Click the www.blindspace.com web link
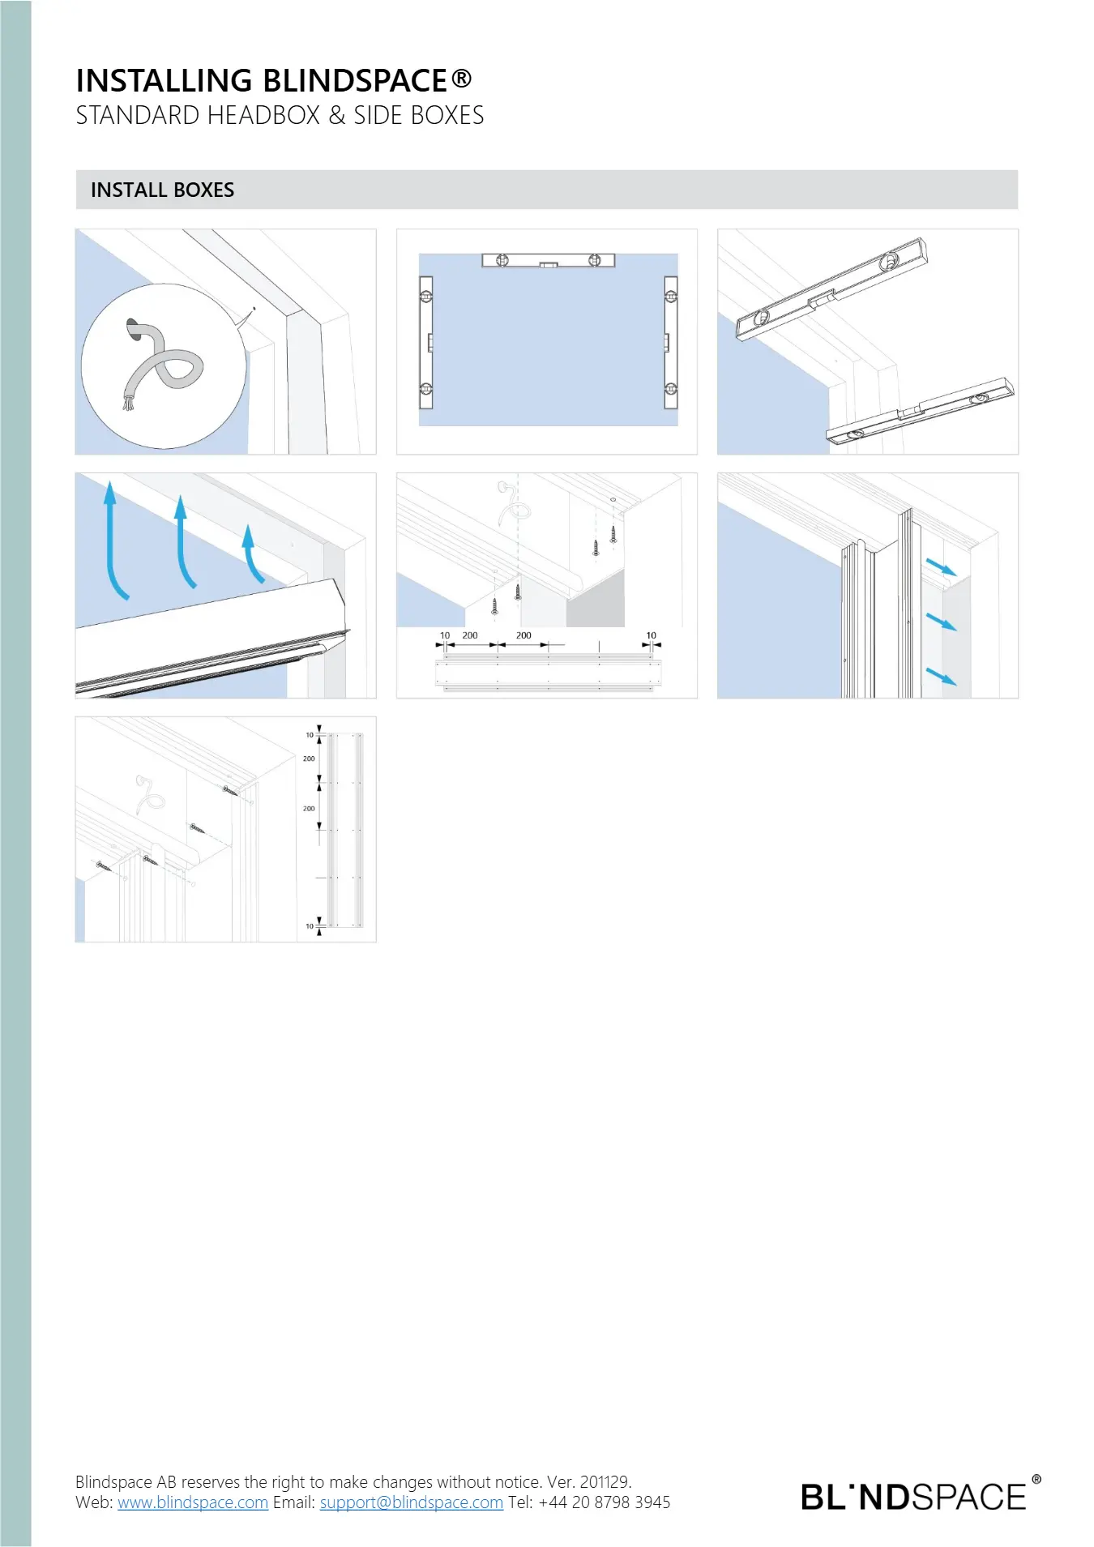[x=193, y=1502]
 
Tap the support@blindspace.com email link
[x=412, y=1502]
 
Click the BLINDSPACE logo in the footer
[x=921, y=1495]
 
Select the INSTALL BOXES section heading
[x=162, y=190]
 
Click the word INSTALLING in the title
[x=165, y=80]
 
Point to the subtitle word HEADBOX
[x=263, y=115]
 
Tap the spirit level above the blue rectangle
[x=549, y=260]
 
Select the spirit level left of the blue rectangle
[x=426, y=342]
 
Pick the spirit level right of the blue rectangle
[x=670, y=342]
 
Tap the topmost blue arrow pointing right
[x=942, y=566]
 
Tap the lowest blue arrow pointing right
[x=942, y=676]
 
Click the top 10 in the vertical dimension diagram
[x=310, y=735]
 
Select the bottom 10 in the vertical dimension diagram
[x=310, y=925]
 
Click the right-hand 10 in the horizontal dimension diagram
[x=652, y=635]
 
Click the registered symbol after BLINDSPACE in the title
[x=461, y=78]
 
